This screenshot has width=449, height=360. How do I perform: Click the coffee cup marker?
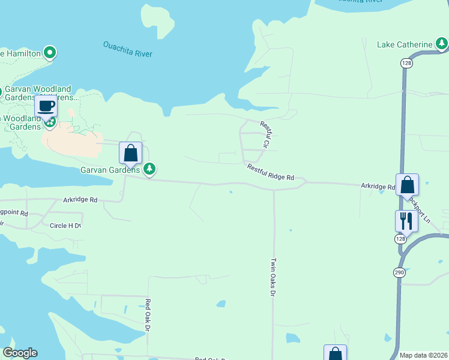(x=46, y=107)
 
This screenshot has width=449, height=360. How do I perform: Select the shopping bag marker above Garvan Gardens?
(x=131, y=154)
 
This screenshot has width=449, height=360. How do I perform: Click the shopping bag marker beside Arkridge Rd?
(x=407, y=185)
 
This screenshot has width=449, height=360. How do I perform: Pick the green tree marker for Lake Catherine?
(x=442, y=43)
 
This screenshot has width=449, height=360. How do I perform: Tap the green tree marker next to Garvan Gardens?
(x=149, y=170)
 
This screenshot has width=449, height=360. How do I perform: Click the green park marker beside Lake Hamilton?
(x=50, y=53)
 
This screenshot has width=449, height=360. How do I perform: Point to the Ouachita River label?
(x=127, y=49)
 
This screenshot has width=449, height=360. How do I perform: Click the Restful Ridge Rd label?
(x=271, y=173)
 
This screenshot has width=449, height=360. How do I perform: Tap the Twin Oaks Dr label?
(x=273, y=277)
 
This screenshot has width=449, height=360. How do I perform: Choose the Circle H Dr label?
(x=65, y=226)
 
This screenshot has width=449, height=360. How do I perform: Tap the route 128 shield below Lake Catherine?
(x=407, y=63)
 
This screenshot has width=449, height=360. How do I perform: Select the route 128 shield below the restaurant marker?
(x=400, y=239)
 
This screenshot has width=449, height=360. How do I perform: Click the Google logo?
(x=20, y=353)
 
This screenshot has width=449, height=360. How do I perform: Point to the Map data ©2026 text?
(x=423, y=355)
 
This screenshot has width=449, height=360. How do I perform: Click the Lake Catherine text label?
(x=405, y=44)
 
